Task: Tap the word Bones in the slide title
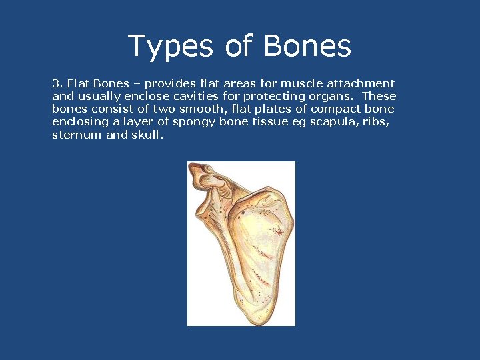[x=307, y=46]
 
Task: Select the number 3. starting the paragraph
[x=57, y=84]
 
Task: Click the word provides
[x=169, y=84]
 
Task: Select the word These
[x=380, y=97]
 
